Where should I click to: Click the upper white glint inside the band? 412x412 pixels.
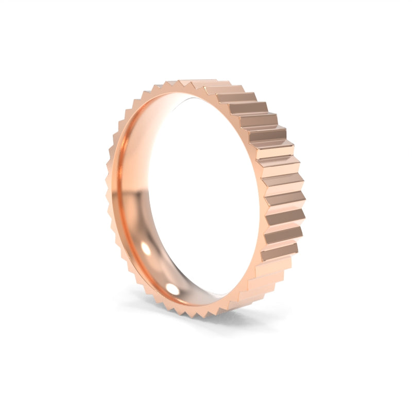pyautogui.click(x=146, y=248)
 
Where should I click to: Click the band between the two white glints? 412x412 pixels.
pyautogui.click(x=157, y=270)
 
